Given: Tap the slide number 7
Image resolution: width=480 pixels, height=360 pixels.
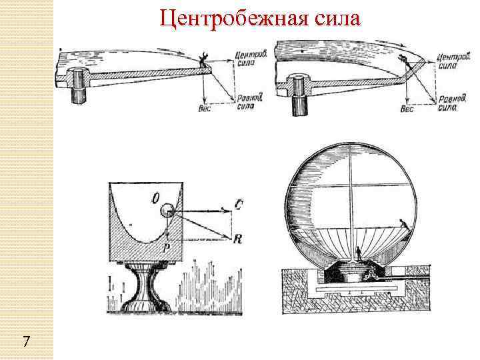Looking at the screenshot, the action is (25, 342).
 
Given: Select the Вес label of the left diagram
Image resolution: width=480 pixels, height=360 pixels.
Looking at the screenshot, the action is (205, 109).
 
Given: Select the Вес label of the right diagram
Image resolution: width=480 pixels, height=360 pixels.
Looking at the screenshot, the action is (407, 109).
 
